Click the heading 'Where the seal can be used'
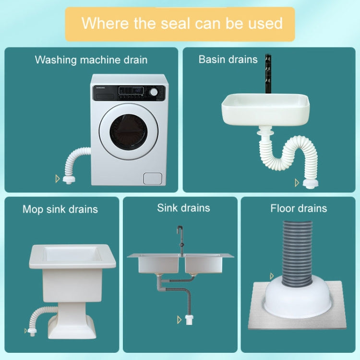182,23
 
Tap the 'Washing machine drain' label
91,60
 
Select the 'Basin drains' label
228,60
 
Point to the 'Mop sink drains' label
60,209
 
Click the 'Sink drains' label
183,208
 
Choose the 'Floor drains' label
299,208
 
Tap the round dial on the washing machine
154,92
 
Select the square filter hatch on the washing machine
152,179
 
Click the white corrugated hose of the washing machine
77,158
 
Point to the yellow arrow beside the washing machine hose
58,179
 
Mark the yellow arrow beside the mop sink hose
26,330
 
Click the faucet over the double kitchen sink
181,238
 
